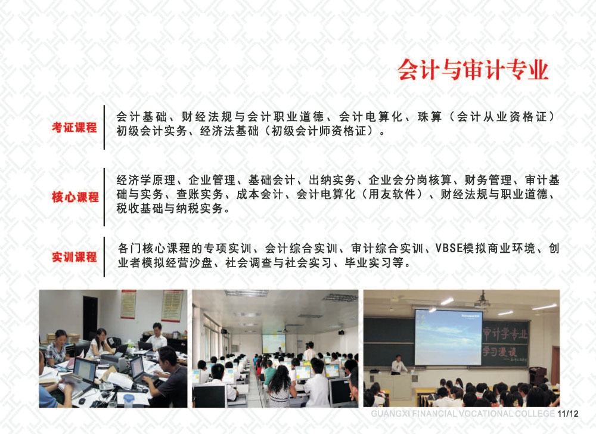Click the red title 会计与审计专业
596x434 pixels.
[473, 70]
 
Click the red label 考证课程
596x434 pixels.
[74, 128]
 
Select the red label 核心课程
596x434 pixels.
[75, 197]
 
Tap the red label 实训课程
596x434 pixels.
[74, 258]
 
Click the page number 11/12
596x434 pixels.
[568, 414]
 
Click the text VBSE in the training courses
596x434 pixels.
[449, 249]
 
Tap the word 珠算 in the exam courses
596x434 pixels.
[430, 117]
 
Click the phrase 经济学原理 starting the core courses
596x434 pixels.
[146, 180]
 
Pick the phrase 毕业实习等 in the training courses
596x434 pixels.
[374, 263]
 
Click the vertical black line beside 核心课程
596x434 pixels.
[104, 197]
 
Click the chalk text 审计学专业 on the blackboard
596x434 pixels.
[505, 333]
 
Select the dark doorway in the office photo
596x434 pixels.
[91, 317]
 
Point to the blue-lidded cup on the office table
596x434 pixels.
[129, 400]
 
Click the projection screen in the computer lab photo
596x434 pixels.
[274, 343]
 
